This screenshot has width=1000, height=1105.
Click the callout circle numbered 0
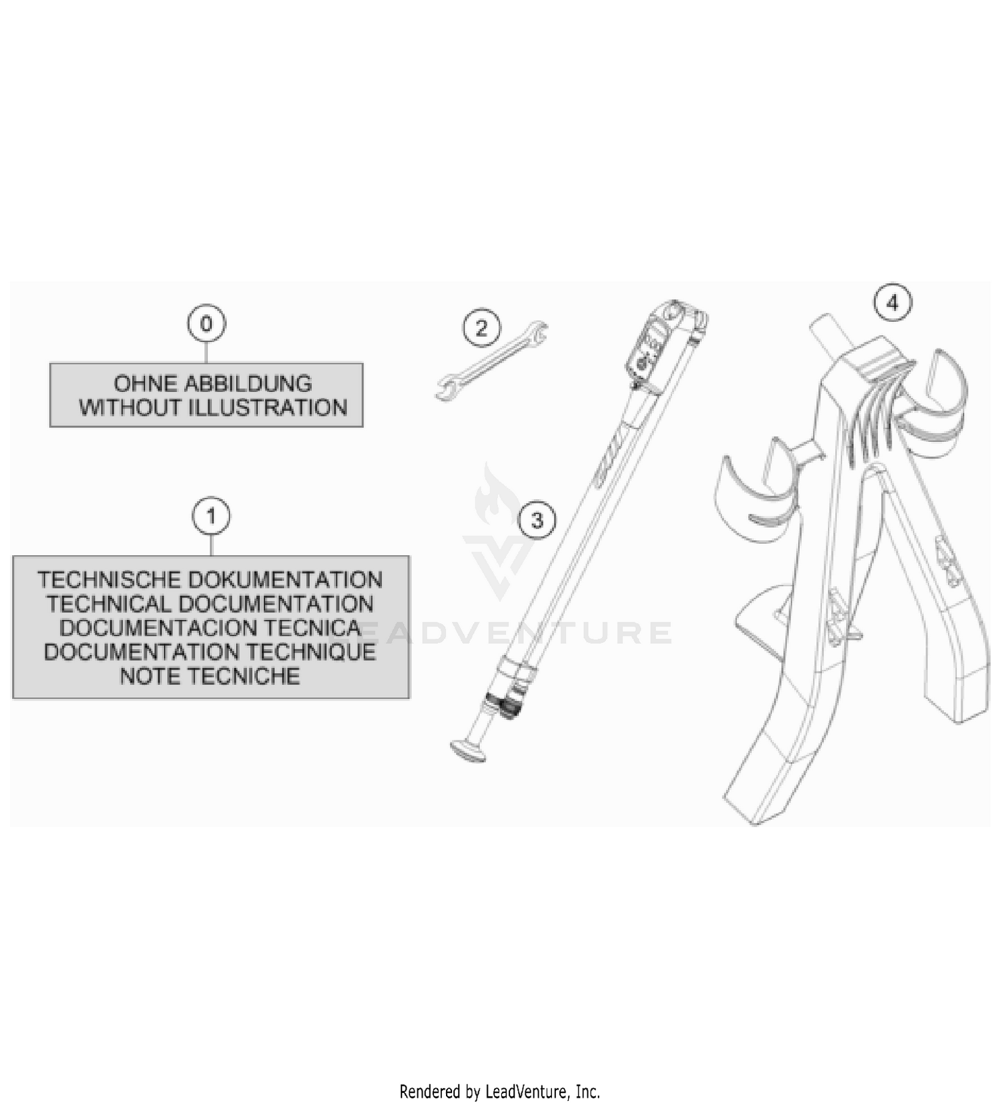206,324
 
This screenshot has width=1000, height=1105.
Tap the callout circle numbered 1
211,517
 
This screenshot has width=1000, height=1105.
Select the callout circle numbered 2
481,328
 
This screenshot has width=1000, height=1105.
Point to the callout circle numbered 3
537,520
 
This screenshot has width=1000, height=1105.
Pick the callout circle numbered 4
893,303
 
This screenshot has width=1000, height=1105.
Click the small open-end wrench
491,361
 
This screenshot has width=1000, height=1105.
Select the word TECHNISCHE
107,580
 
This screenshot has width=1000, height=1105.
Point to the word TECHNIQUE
307,652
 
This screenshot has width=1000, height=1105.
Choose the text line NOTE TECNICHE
210,676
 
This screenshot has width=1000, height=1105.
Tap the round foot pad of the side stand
469,749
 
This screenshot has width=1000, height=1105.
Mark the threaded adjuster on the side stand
504,706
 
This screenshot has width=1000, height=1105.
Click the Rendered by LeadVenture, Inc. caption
500,1092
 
